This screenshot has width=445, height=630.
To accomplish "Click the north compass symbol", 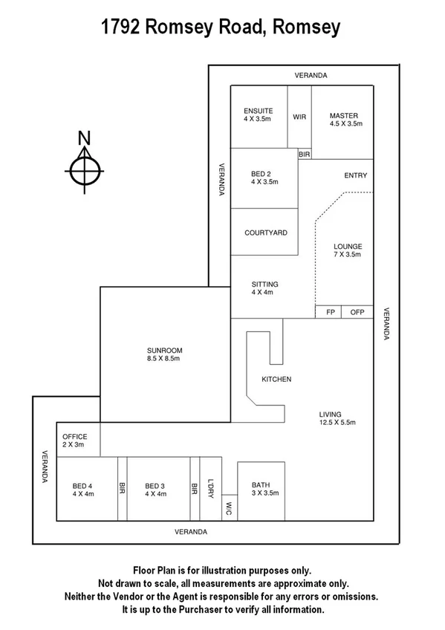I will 85,169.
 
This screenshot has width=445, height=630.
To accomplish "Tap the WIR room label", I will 299,117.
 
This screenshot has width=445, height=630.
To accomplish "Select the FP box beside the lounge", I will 330,312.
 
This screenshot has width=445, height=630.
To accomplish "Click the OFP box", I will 357,312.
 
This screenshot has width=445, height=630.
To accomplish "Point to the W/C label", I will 229,509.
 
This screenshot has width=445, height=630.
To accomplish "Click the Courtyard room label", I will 265,233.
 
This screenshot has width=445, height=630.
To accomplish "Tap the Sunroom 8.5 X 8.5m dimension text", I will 164,359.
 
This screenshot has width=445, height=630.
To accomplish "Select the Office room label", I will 75,437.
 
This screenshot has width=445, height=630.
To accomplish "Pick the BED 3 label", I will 155,484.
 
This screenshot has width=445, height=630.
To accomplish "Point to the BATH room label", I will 260,484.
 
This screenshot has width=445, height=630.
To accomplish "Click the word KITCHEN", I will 276,380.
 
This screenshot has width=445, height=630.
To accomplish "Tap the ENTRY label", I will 355,176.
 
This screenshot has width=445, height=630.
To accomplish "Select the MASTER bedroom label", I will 344,115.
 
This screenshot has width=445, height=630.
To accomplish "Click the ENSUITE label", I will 258,111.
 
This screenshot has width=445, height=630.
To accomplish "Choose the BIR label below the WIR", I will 304,154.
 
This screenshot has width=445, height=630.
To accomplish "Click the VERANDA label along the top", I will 311,76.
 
